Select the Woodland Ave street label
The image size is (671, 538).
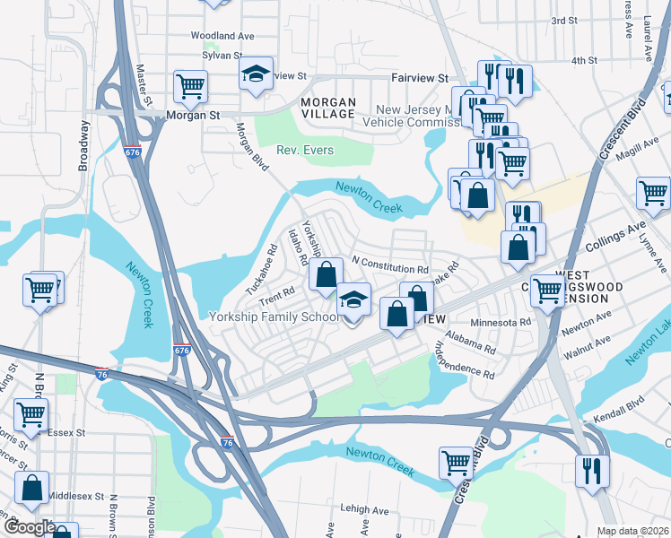222,36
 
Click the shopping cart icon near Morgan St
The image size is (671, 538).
190,87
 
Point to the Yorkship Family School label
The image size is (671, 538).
273,317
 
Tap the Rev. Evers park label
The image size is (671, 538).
305,150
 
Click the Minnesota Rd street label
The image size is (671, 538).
501,321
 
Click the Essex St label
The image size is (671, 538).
66,432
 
